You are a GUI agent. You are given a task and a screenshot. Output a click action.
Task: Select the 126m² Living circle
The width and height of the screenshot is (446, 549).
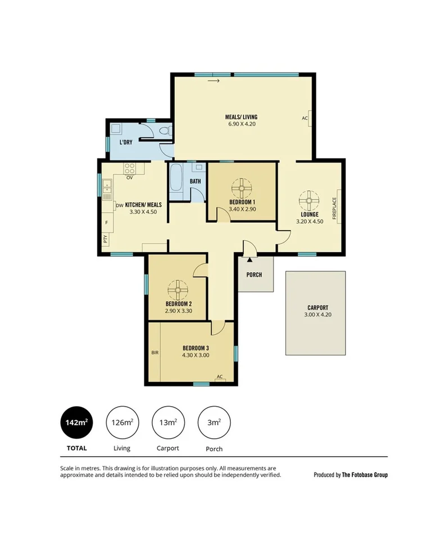122,422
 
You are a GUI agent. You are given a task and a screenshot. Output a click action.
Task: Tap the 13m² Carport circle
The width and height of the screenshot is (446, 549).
168,422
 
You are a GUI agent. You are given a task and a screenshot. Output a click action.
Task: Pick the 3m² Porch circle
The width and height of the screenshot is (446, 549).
214,422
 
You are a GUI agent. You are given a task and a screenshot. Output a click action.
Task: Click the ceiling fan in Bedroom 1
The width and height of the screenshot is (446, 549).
242,188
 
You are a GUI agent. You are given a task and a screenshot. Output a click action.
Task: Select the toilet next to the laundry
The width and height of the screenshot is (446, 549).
165,132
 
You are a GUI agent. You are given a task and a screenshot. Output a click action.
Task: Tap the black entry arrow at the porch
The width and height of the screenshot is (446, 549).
249,259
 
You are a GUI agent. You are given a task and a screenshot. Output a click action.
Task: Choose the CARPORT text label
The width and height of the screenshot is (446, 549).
317,308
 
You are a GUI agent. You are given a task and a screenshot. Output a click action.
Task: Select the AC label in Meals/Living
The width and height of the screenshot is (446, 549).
305,118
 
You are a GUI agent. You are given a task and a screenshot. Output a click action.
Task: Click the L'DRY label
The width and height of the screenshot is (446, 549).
125,142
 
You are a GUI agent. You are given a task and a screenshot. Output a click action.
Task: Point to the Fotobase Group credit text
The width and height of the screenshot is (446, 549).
351,475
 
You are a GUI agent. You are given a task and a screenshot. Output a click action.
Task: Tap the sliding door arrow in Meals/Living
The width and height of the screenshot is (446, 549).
213,81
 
